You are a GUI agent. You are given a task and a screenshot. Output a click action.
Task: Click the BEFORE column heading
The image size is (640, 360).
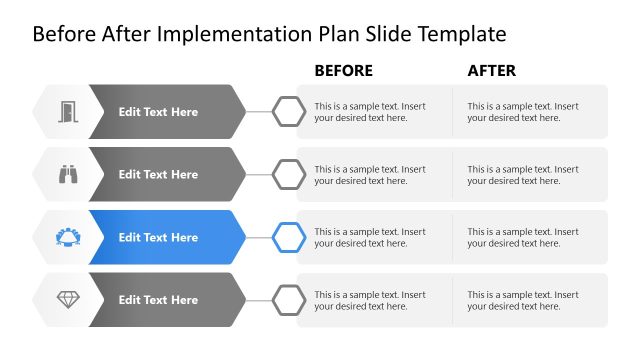[343, 71]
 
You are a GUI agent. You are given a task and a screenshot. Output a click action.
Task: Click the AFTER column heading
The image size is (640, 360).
[492, 71]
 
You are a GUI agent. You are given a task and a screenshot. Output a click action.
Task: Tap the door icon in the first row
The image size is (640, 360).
[68, 111]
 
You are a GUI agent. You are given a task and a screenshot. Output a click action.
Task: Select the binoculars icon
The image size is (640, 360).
[68, 174]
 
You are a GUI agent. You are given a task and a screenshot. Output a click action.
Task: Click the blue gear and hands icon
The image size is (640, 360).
[68, 237]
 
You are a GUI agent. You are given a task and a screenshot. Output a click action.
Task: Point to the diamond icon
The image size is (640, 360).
[68, 299]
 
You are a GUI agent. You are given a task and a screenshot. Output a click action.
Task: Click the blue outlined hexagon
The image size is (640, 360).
[290, 237]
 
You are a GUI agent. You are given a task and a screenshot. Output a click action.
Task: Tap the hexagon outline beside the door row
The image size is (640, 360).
[290, 111]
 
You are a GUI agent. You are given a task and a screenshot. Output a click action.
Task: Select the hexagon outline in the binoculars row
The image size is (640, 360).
[290, 174]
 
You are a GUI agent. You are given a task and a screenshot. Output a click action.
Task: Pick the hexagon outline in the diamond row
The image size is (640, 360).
[290, 299]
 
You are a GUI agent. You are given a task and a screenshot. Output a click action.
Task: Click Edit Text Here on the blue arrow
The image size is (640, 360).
[158, 237]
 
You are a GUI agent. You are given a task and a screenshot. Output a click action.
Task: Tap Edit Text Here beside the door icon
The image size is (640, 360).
[158, 112]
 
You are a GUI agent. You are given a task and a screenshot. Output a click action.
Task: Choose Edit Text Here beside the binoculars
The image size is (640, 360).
[158, 174]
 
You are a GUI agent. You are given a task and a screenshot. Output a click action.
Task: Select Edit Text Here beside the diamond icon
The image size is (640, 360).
[158, 300]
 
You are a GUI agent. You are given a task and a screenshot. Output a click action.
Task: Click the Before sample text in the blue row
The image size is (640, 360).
[370, 237]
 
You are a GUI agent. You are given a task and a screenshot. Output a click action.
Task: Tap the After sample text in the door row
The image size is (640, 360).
[523, 111]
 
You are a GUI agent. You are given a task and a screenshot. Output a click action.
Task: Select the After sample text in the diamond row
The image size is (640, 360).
[523, 300]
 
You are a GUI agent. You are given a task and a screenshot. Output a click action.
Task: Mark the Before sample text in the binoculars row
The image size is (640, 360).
[370, 174]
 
